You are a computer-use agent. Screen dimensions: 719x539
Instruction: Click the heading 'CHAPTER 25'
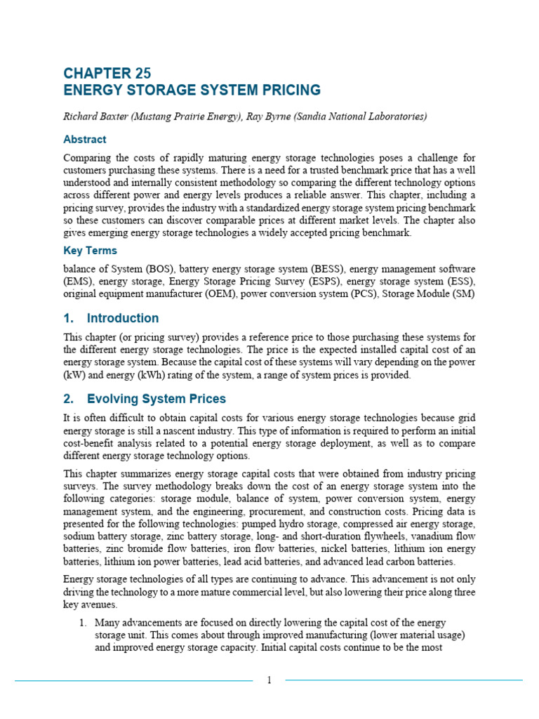pos(107,74)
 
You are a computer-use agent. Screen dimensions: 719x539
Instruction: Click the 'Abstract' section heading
pos(85,139)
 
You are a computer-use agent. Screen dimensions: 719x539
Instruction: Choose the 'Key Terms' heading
pos(91,251)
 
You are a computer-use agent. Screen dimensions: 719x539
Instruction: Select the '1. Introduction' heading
pos(111,318)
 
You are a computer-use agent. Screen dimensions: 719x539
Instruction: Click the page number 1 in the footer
pos(269,680)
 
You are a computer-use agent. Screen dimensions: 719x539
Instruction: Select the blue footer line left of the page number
pos(133,680)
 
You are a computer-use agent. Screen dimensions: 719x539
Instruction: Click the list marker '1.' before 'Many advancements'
pos(82,623)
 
